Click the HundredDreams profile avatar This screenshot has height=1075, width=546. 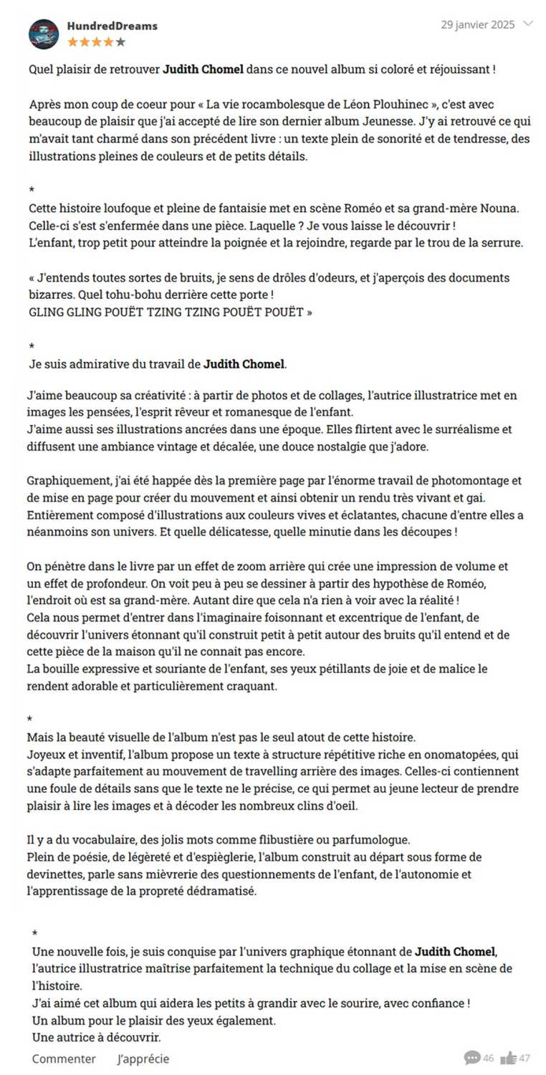pos(44,34)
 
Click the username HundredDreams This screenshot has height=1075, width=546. pos(112,26)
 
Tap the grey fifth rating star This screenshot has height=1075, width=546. pos(120,42)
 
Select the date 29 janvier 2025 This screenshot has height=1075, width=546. pos(477,24)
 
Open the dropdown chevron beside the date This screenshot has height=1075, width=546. pos(529,24)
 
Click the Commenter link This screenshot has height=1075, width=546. pos(64,1059)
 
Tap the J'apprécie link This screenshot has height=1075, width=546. pos(143,1059)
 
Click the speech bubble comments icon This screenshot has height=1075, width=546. pos(471,1058)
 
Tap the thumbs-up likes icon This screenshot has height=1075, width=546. pos(509,1058)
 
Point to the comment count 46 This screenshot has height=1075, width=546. pos(489,1059)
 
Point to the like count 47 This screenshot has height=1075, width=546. pos(525,1059)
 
